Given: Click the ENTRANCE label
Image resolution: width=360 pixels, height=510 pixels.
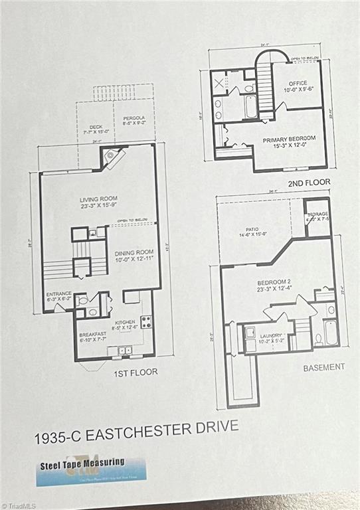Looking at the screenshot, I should point(58,296).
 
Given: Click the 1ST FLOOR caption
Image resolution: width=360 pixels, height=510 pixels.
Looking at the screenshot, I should point(135,372).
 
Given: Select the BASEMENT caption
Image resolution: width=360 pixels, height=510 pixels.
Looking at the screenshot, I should point(324,367).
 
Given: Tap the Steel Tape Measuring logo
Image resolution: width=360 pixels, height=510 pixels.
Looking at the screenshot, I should point(90,469).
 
